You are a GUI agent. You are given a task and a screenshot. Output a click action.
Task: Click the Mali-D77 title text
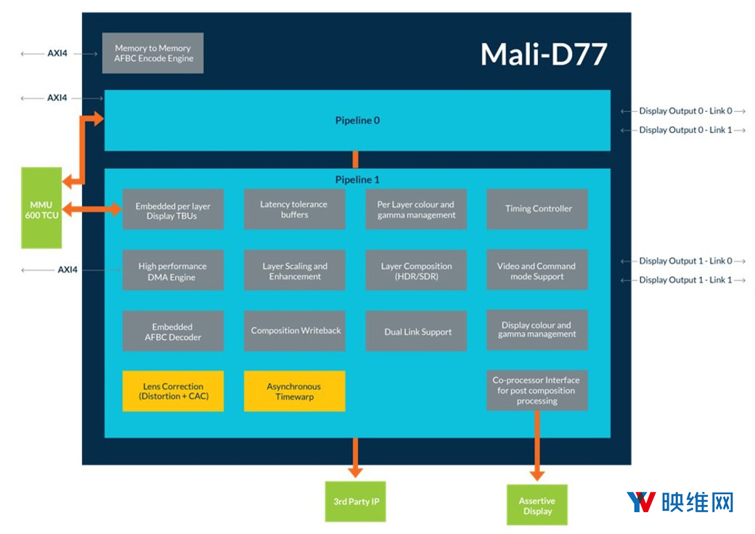[543, 54]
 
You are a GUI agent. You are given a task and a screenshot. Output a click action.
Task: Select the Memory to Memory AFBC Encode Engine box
[152, 53]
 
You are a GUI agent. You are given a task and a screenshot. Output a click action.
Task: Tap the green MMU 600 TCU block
[41, 208]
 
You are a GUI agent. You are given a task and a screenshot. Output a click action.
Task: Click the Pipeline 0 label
[357, 121]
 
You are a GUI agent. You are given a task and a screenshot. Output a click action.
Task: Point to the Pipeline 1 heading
[357, 179]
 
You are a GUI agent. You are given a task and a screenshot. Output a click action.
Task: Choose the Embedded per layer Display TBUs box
[173, 210]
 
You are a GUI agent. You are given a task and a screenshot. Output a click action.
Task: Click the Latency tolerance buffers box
[294, 209]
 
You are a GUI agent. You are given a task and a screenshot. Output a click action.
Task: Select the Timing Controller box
[538, 209]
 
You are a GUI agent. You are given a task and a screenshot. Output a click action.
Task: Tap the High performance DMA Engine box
[173, 271]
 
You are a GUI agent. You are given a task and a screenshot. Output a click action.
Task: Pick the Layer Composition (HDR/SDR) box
[416, 271]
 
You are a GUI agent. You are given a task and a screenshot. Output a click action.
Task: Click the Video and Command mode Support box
[536, 271]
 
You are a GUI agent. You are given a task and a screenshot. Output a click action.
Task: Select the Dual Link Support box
[417, 332]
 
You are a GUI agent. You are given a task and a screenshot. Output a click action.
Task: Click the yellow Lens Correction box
[173, 392]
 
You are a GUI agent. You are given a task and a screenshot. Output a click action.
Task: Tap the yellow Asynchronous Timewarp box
[294, 392]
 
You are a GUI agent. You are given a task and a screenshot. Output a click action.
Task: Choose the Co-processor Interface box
[536, 390]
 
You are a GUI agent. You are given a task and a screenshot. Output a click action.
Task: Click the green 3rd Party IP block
[356, 501]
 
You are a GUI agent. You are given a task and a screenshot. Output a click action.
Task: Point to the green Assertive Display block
[536, 505]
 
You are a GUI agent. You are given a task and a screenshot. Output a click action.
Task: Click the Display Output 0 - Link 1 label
[685, 130]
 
